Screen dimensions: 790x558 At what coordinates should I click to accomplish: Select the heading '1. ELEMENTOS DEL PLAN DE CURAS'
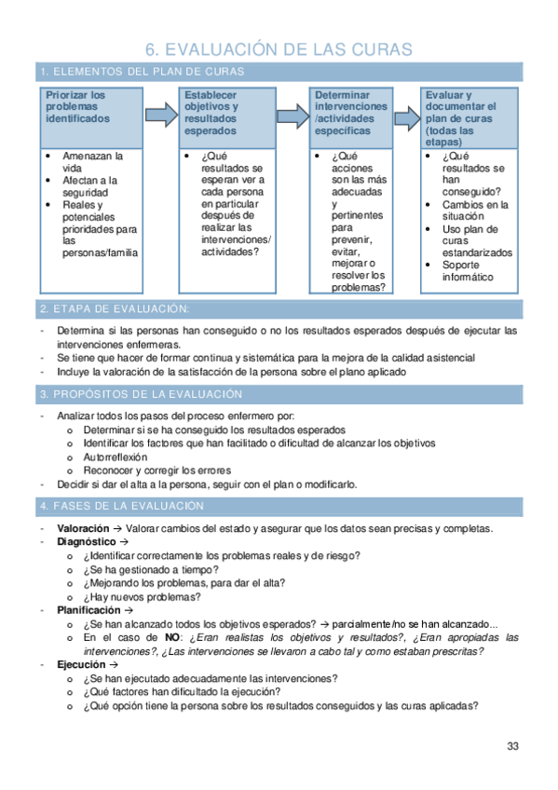pos(142,72)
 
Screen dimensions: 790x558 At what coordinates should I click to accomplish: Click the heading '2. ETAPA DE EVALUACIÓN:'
pos(116,308)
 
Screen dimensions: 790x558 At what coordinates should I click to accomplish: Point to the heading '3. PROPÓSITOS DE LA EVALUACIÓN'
pos(142,395)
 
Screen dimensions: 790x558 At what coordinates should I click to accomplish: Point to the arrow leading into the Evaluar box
pos(405,116)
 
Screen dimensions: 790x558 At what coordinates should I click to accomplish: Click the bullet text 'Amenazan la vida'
pos(92,162)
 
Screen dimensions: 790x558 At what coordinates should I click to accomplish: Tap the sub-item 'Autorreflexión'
pos(115,457)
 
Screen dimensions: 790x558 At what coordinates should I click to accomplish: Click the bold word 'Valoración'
pos(84,528)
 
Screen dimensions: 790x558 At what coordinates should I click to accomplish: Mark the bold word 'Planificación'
pos(88,610)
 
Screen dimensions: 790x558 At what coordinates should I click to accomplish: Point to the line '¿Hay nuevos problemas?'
pos(142,596)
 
